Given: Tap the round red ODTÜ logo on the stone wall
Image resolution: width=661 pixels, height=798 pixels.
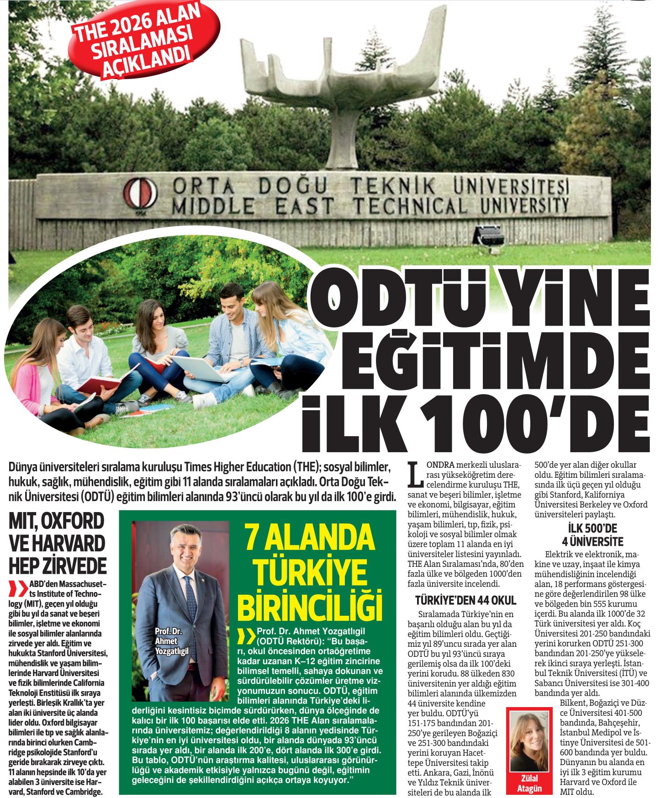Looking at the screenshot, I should [x=139, y=196].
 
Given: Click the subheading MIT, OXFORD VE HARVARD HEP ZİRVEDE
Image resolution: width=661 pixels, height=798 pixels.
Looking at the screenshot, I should [x=57, y=542].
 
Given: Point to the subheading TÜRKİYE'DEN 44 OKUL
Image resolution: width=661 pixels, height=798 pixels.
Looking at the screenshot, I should [x=465, y=600].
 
